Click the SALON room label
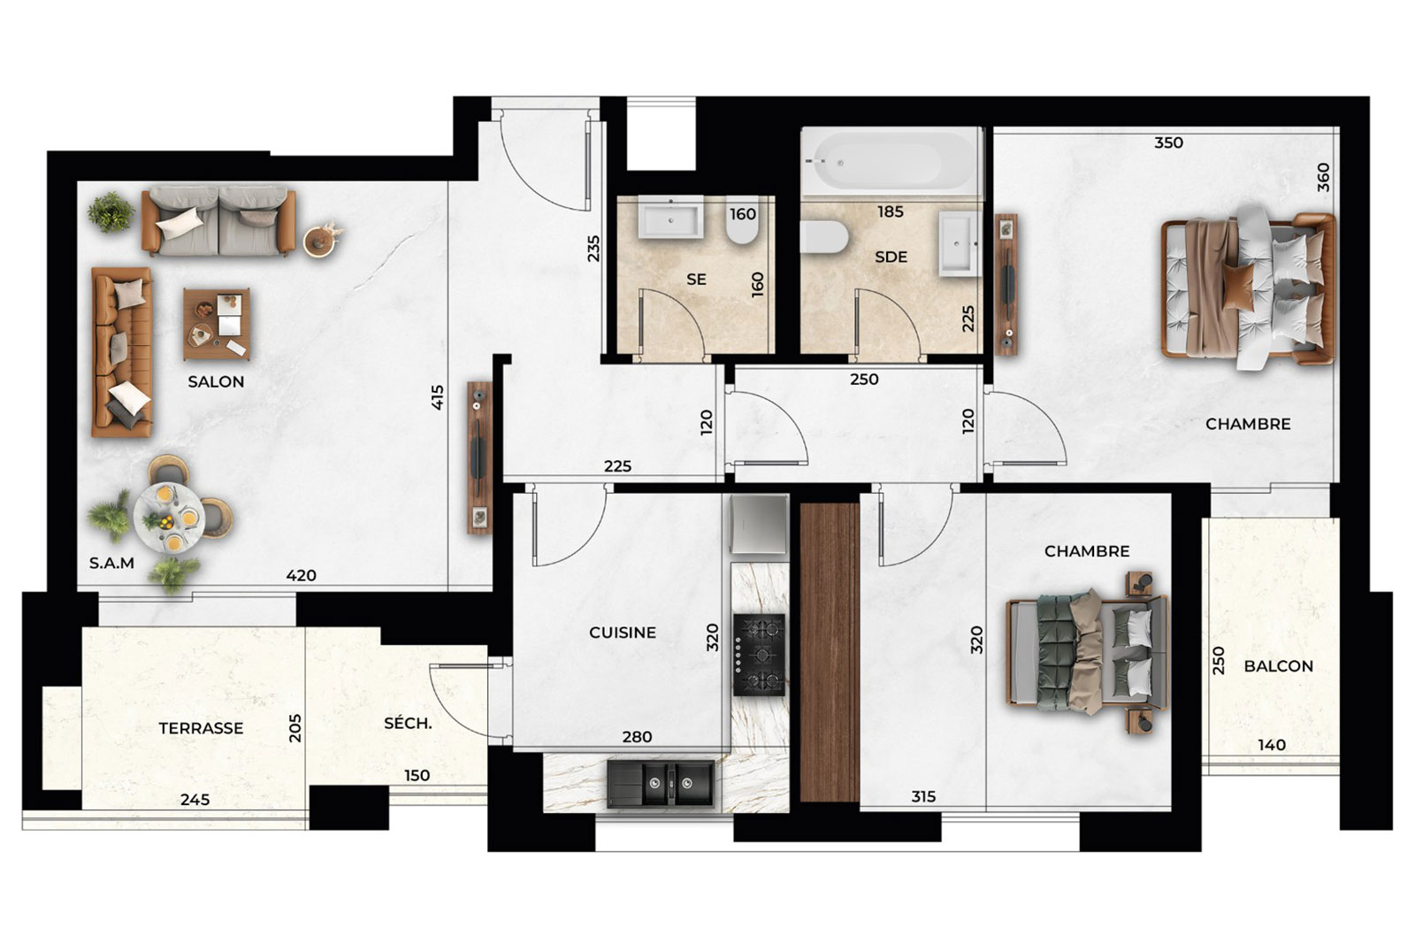pyautogui.click(x=216, y=381)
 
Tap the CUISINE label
pyautogui.click(x=623, y=633)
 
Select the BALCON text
pyautogui.click(x=1278, y=666)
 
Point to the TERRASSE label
pyautogui.click(x=201, y=728)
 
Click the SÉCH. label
pyautogui.click(x=408, y=723)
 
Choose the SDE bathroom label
pyautogui.click(x=891, y=257)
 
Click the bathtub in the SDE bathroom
pyautogui.click(x=892, y=161)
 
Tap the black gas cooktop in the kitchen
pyautogui.click(x=760, y=655)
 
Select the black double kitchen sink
pyautogui.click(x=661, y=784)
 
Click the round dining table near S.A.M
pyautogui.click(x=169, y=518)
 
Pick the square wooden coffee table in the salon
pyautogui.click(x=217, y=324)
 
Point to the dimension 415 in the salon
pyautogui.click(x=438, y=397)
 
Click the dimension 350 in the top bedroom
pyautogui.click(x=1168, y=142)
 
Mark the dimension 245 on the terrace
pyautogui.click(x=195, y=800)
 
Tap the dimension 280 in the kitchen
pyautogui.click(x=637, y=737)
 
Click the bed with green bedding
pyautogui.click(x=1087, y=653)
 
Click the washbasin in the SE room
pyautogui.click(x=670, y=218)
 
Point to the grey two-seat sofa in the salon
pyautogui.click(x=218, y=221)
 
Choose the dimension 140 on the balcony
pyautogui.click(x=1272, y=745)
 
